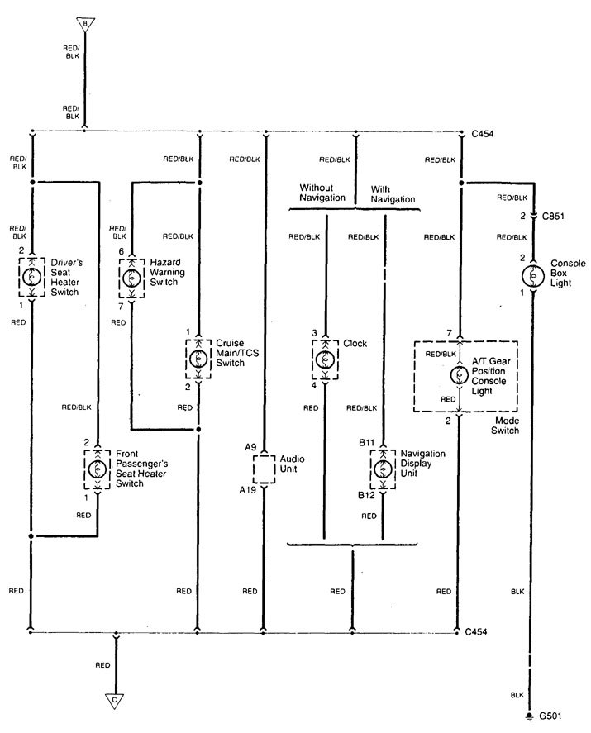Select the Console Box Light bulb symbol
(x=533, y=274)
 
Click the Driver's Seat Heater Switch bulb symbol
(x=31, y=277)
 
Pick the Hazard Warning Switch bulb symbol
(x=131, y=277)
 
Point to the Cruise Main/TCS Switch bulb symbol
(x=198, y=359)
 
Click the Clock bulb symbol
(x=326, y=359)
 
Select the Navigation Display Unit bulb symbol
(x=382, y=469)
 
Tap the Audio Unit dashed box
(x=263, y=469)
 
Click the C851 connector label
(x=555, y=216)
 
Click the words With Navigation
(x=393, y=193)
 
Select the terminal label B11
(x=367, y=443)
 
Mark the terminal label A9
(x=250, y=446)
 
